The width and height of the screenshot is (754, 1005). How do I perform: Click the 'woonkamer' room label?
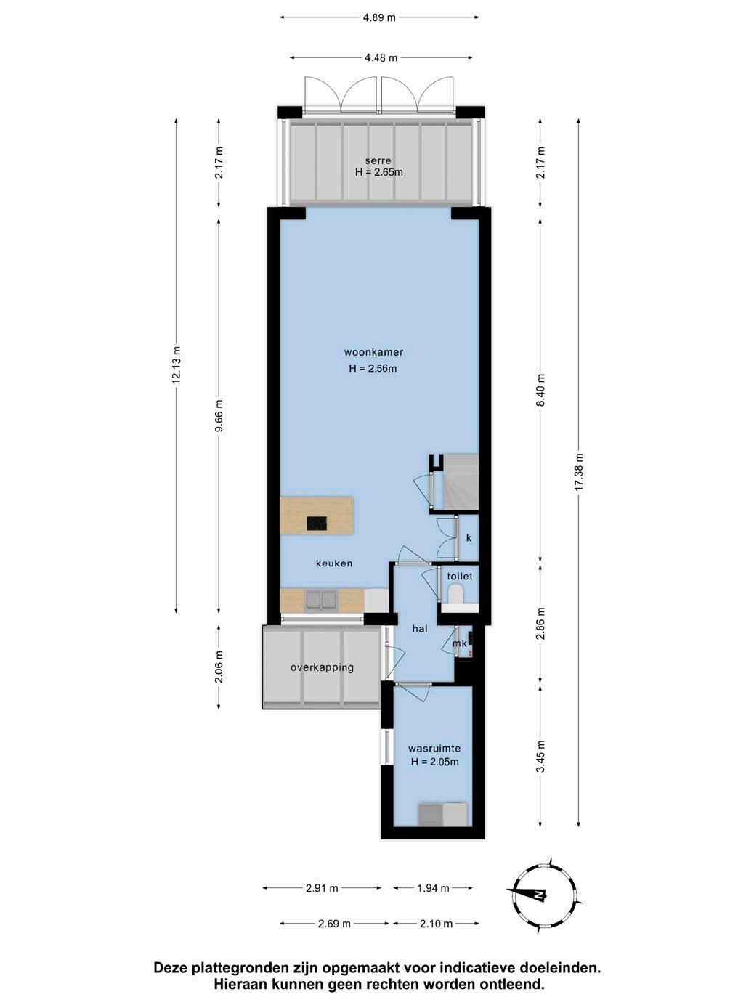373,352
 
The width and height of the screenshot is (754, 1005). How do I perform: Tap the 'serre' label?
378,160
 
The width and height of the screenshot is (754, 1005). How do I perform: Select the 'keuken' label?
334,563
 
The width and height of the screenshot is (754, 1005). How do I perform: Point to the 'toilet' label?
460,576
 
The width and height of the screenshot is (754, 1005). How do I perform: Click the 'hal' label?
420,629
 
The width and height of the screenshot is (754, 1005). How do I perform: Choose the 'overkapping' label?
322,667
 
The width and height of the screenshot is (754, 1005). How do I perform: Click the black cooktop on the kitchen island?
317,523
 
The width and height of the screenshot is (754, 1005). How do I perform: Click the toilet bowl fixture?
456,596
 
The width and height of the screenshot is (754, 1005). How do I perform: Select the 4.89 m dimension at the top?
379,18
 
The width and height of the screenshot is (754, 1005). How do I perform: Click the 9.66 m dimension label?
219,415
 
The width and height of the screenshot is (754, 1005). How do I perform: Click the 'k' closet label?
469,538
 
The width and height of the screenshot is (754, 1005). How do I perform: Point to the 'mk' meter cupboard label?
460,643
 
